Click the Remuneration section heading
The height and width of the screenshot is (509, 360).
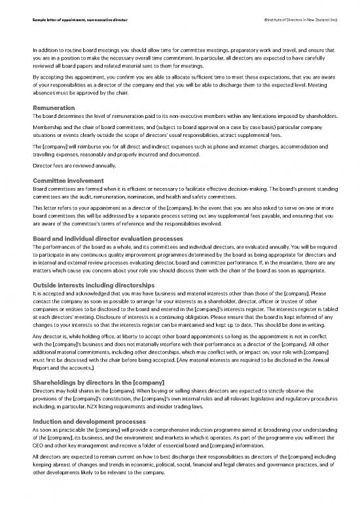(54, 107)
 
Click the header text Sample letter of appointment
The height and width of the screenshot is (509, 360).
(79, 21)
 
